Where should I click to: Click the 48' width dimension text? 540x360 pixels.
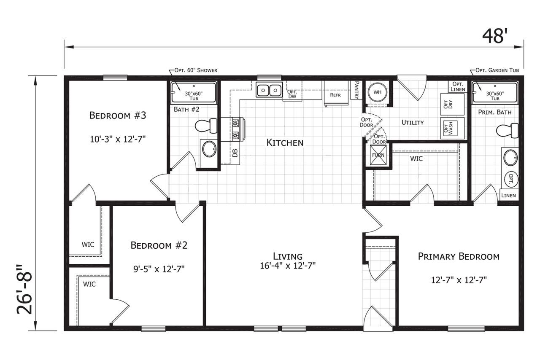point(493,36)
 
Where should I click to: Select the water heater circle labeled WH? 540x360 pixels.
point(378,92)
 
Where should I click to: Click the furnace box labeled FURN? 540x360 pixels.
point(378,155)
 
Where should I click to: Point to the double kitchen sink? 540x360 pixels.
point(269,90)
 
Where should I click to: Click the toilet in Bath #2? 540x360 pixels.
point(206,126)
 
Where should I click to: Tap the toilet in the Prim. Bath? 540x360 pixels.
point(508,131)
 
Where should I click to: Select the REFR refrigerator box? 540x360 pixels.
point(336,93)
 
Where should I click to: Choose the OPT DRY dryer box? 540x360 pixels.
point(452,104)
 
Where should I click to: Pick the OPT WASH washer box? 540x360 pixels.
point(452,128)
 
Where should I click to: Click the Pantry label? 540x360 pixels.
point(357,90)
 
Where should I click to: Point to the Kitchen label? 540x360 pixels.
point(285,142)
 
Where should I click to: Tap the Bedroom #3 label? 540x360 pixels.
point(118,116)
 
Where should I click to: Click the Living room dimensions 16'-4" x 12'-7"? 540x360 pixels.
point(288,266)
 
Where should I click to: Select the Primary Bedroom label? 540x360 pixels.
point(459,256)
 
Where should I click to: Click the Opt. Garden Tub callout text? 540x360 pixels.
point(497,70)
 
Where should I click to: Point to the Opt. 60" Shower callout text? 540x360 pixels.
point(196,70)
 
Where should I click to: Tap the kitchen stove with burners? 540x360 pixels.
point(233,129)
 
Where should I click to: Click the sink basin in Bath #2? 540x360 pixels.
point(209,149)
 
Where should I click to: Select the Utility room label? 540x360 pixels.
point(413,122)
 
